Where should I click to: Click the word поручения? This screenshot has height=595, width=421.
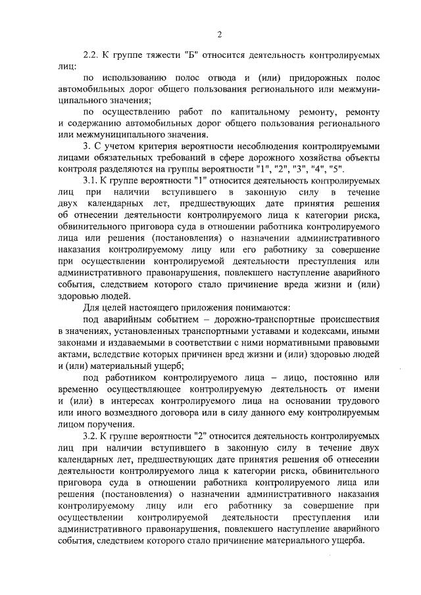(x=108, y=423)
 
